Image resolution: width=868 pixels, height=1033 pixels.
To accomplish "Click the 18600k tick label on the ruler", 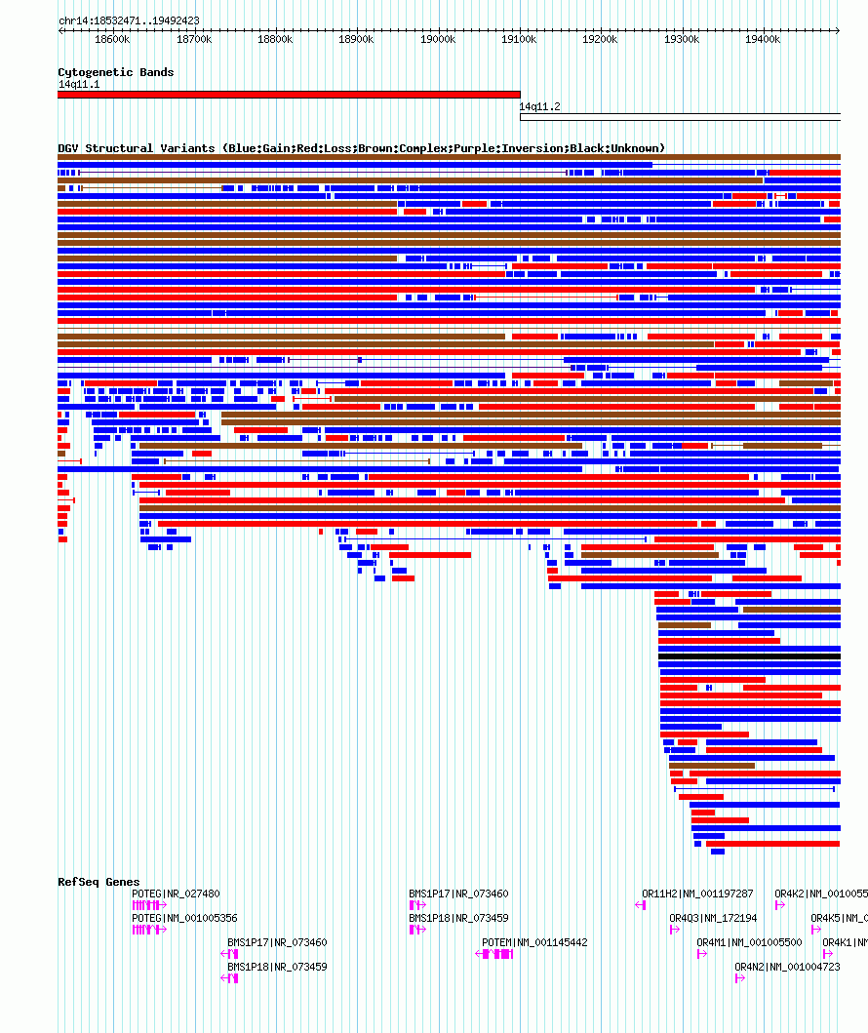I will [x=112, y=39].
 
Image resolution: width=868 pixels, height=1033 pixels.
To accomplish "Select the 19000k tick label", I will [x=437, y=39].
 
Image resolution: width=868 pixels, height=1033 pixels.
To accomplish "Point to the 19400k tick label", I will [x=762, y=39].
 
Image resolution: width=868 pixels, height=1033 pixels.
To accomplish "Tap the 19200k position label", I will [x=600, y=39].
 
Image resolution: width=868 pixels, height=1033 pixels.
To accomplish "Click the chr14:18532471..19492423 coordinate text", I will [x=129, y=20].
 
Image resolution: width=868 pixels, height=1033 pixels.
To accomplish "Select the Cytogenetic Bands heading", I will [x=116, y=72].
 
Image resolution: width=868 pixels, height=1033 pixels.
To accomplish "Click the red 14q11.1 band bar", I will [x=289, y=95].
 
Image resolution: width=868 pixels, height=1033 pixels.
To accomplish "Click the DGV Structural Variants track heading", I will [x=361, y=148].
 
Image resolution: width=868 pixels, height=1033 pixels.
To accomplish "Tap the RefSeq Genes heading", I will [x=99, y=882].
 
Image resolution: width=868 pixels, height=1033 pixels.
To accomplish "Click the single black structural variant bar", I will [x=749, y=656].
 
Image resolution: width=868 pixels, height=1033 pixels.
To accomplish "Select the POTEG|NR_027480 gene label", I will [x=176, y=894].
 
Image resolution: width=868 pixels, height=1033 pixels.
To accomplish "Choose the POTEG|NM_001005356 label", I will [x=184, y=918].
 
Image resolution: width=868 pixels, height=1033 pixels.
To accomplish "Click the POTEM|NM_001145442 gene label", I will [x=534, y=942].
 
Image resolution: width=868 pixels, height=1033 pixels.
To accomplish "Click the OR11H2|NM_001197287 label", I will [x=697, y=894].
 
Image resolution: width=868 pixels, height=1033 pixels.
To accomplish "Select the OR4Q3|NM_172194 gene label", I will [x=713, y=918].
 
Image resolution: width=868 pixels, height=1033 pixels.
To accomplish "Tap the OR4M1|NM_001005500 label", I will [x=749, y=942].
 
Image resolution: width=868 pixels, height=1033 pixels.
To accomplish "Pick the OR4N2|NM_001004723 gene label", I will [x=787, y=967].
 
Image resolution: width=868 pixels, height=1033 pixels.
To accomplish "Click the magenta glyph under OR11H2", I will [x=641, y=905].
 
